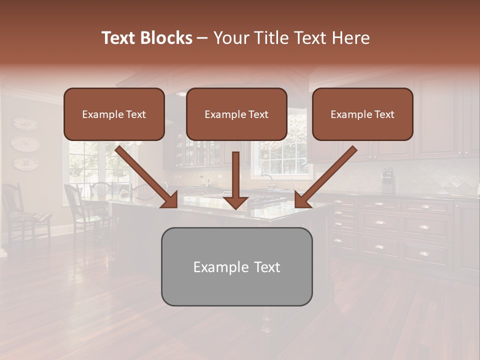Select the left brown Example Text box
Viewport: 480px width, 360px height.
(114, 114)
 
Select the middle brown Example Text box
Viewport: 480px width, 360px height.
(236, 114)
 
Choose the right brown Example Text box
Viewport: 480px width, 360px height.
(362, 114)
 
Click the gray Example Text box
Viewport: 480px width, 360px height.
(236, 266)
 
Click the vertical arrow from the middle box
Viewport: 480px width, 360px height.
(235, 180)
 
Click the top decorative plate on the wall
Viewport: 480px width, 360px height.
(24, 123)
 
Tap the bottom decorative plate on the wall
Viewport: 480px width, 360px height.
(24, 162)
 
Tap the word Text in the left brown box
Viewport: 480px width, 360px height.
(135, 114)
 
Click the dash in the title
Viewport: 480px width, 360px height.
(202, 38)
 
